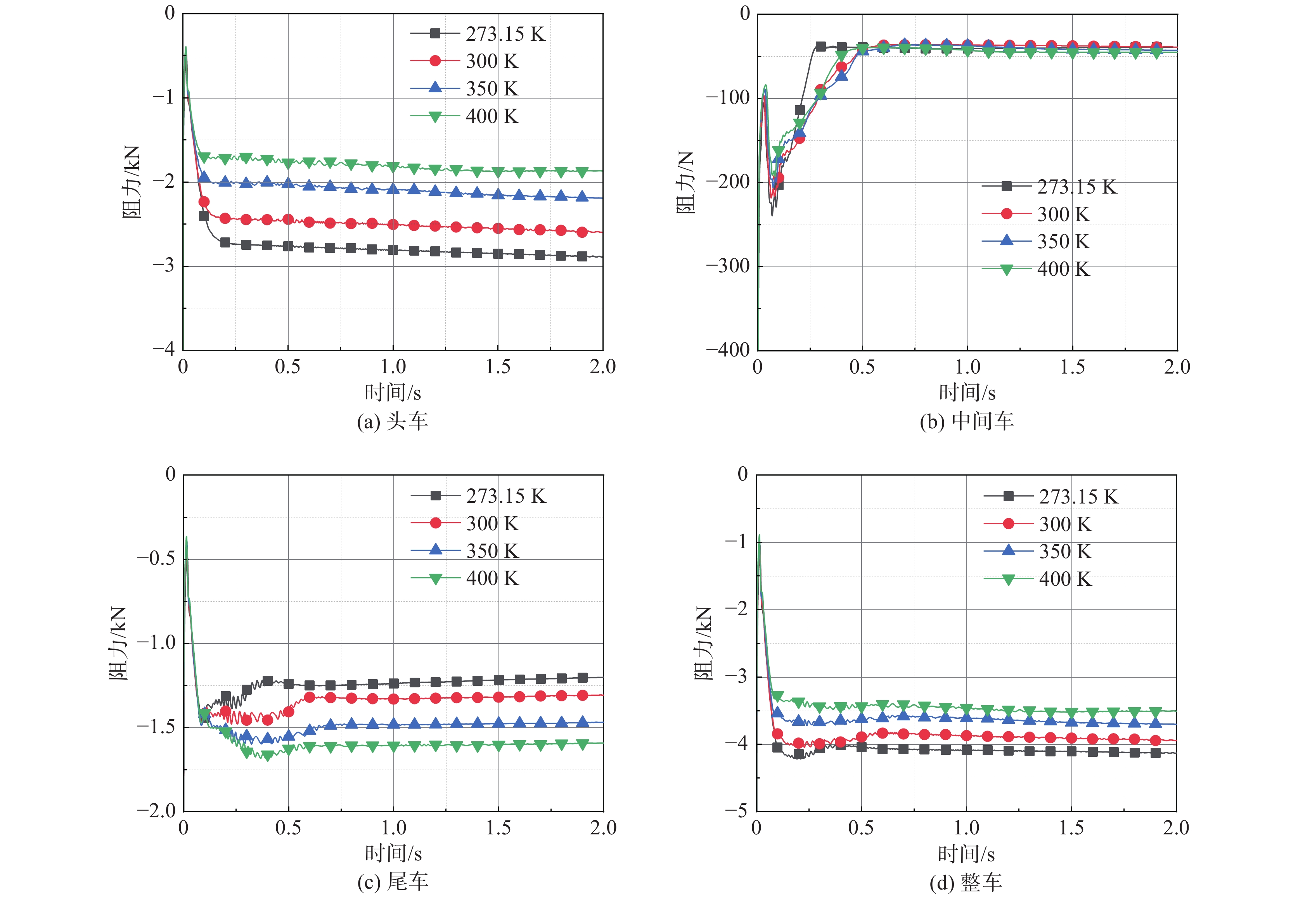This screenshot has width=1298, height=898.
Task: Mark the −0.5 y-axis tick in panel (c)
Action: [x=156, y=558]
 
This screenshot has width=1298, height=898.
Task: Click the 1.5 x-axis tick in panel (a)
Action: [x=498, y=367]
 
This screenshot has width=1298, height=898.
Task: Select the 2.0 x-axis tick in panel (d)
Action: [x=1176, y=828]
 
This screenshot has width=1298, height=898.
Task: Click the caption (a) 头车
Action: [x=392, y=421]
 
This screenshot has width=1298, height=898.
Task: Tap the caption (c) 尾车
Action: [x=392, y=881]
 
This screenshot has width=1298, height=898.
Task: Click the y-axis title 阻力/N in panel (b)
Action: [x=685, y=182]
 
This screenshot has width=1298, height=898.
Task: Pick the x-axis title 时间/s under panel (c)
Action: [x=393, y=853]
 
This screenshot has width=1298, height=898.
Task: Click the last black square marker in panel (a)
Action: [x=582, y=256]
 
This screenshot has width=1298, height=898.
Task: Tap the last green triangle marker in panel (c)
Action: [x=582, y=744]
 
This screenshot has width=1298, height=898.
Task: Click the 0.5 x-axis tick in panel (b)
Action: [x=862, y=367]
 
